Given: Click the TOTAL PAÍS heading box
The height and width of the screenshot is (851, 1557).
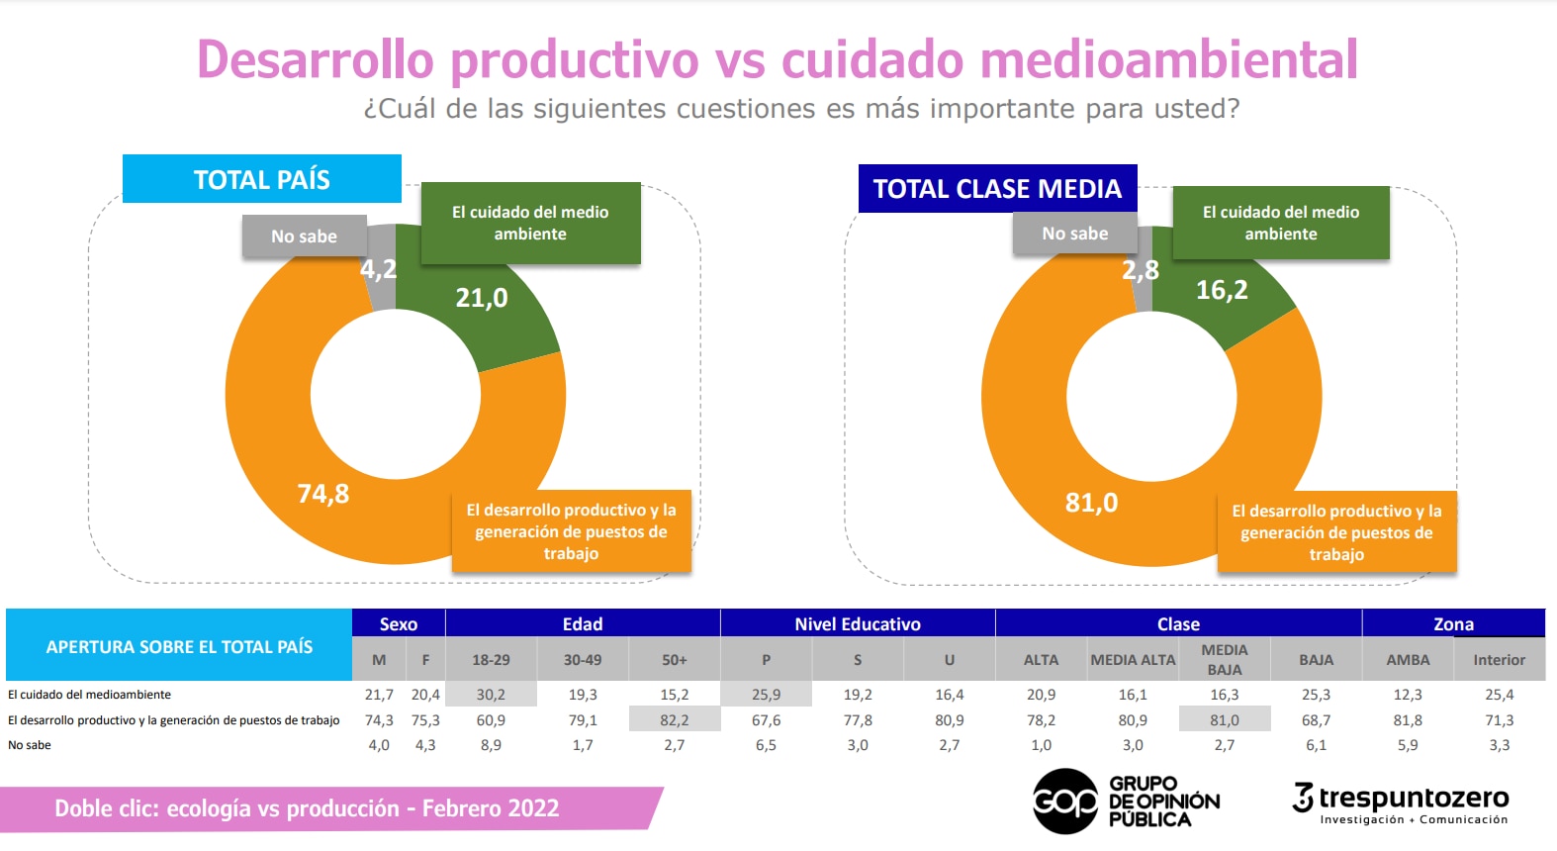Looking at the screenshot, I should click(262, 179).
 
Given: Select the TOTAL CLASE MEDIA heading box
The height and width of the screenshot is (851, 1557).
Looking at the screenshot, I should click(997, 189).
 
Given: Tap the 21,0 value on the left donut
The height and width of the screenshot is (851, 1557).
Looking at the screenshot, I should click(482, 298).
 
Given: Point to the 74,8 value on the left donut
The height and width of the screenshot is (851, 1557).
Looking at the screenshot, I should click(323, 494).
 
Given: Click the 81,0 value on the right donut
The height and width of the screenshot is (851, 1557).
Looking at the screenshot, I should click(1091, 503).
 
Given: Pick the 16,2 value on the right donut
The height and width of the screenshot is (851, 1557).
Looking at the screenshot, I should click(1222, 290).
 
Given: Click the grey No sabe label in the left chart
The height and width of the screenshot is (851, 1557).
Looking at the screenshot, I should click(304, 236).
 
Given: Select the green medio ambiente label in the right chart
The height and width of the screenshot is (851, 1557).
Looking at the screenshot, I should click(1281, 223).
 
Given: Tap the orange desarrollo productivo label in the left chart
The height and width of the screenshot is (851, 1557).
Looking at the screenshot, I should click(571, 531).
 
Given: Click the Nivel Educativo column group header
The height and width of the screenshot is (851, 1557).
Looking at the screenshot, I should click(858, 623).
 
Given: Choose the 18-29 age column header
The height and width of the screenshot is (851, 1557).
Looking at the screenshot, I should click(491, 660).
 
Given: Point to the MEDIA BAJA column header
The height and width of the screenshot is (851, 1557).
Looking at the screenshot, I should click(1225, 659).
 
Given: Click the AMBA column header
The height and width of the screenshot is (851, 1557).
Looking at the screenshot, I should click(1408, 660).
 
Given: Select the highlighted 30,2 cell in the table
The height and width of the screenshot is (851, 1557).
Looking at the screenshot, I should click(491, 695).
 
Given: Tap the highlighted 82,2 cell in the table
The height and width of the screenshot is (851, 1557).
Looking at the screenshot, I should click(675, 720).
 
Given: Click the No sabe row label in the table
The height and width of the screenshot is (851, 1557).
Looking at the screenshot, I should click(30, 745).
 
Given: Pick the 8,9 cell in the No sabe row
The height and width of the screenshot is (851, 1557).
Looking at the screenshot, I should click(491, 745).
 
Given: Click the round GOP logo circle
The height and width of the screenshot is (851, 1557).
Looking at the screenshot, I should click(1064, 801).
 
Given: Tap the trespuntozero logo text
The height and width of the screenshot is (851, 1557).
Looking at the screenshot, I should click(1414, 798).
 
